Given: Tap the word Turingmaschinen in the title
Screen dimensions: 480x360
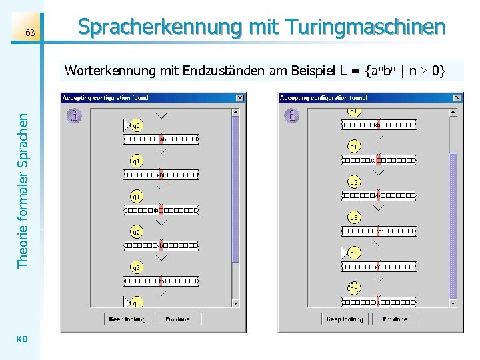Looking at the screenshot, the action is [x=365, y=27].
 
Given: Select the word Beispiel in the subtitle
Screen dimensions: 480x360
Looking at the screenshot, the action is [x=313, y=71].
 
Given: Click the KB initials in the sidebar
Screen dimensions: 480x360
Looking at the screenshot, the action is [x=21, y=339].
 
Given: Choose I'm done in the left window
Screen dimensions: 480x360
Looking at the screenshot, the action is [x=177, y=319].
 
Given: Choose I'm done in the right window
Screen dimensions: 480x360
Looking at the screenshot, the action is [x=395, y=319].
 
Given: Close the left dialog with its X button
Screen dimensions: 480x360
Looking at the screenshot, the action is [x=239, y=97].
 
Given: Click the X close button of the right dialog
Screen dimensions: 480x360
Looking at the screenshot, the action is [x=457, y=97].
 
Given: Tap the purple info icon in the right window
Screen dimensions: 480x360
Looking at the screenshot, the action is [x=292, y=116].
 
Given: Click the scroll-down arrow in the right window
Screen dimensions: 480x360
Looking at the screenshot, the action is [x=452, y=302].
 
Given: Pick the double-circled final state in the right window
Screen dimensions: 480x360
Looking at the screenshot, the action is [x=354, y=288].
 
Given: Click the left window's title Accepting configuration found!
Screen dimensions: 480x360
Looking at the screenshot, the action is [x=107, y=97].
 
